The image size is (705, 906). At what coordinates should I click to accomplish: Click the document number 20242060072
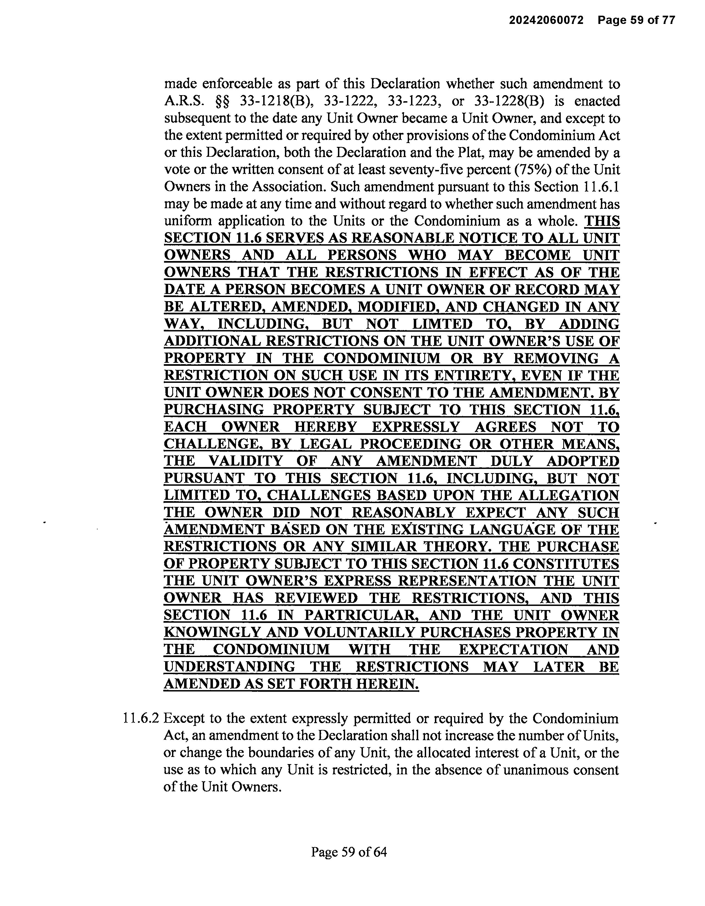546,20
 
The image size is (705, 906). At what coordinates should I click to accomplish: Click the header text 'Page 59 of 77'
636,20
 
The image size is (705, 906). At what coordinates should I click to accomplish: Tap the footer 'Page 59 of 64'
349,852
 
